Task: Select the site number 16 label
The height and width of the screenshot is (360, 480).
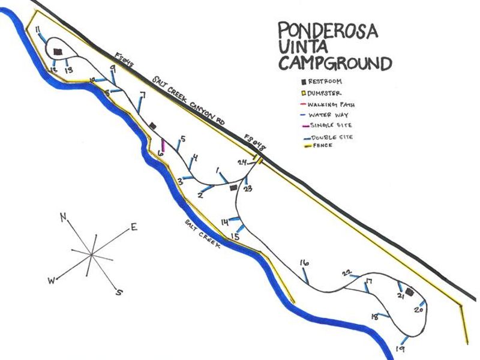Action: tap(304, 263)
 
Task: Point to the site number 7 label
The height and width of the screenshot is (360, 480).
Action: tap(142, 95)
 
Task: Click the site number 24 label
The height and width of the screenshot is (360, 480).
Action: tap(242, 163)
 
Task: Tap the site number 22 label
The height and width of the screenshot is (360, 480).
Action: tap(346, 273)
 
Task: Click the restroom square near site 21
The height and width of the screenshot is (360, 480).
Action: tap(410, 292)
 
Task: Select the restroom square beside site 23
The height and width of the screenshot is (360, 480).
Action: tap(234, 188)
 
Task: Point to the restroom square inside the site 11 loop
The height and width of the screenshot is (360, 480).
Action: tap(58, 52)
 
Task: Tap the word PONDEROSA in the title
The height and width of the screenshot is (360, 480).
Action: tap(328, 32)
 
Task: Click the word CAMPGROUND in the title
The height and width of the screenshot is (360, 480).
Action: tap(334, 62)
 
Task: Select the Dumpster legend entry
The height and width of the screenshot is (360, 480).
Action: tap(325, 93)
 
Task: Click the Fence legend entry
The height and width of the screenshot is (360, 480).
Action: tap(320, 146)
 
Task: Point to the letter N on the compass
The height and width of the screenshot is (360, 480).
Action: tap(62, 218)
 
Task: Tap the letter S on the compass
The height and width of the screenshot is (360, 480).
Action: tap(119, 292)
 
